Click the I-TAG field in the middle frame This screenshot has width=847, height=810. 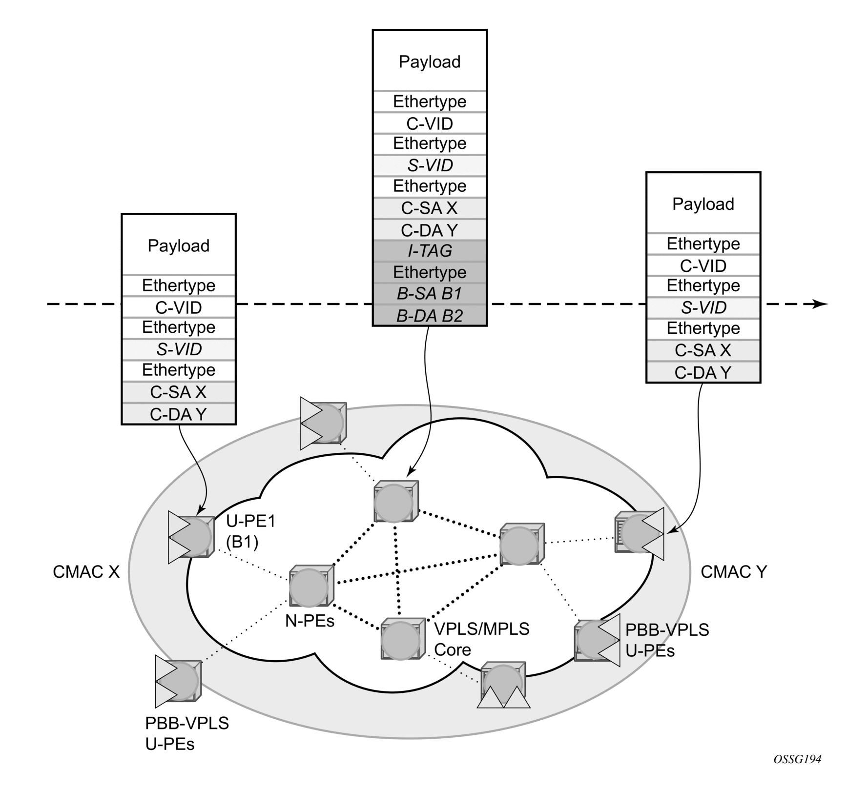click(430, 251)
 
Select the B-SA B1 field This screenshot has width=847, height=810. click(430, 294)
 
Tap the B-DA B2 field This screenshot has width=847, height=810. click(430, 316)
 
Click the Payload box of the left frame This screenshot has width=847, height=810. click(179, 245)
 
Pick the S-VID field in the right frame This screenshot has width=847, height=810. click(703, 307)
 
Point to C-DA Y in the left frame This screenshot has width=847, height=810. click(179, 414)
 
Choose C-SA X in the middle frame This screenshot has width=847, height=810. click(430, 208)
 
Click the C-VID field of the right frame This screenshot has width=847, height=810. click(703, 266)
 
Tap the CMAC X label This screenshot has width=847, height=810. click(86, 572)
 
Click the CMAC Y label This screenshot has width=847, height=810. click(734, 572)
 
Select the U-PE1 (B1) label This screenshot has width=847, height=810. click(250, 531)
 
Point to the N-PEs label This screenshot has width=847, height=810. click(310, 621)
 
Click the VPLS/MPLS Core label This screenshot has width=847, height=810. click(481, 639)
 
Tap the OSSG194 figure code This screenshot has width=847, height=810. click(797, 772)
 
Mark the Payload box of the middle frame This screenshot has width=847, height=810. click(430, 61)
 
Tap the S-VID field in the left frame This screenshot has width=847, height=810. click(179, 349)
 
